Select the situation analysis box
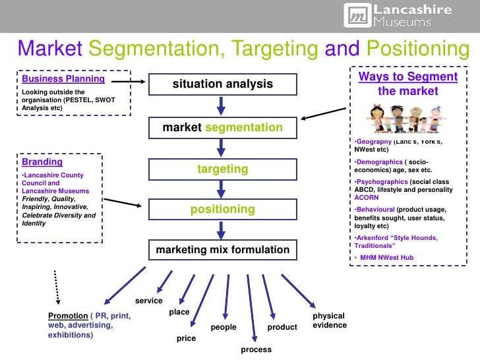click(x=222, y=84)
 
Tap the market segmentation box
click(x=222, y=127)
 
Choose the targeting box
click(x=222, y=169)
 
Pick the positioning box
click(x=222, y=210)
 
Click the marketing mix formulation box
click(x=222, y=250)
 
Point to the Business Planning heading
click(x=63, y=78)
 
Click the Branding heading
click(x=42, y=162)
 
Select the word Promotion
click(x=68, y=315)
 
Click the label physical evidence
click(x=329, y=320)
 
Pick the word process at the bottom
click(x=256, y=349)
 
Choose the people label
click(x=223, y=327)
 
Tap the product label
click(x=282, y=327)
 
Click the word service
click(x=148, y=301)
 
